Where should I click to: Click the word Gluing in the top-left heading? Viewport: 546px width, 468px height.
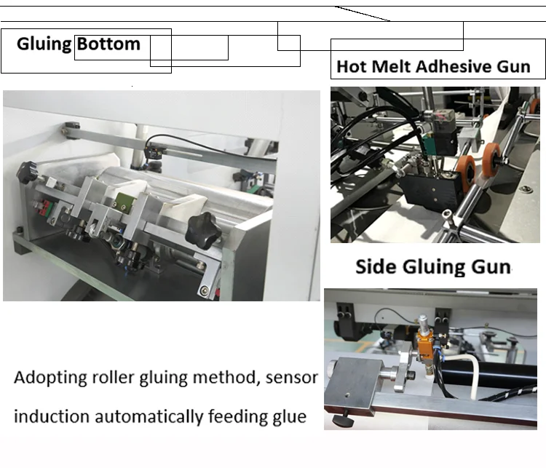tap(44, 44)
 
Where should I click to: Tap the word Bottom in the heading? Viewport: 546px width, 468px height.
tap(108, 44)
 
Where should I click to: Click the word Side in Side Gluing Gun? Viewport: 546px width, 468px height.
tap(375, 266)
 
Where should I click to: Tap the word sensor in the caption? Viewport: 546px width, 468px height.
tap(291, 378)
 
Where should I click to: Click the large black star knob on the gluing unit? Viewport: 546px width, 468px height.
tap(203, 229)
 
